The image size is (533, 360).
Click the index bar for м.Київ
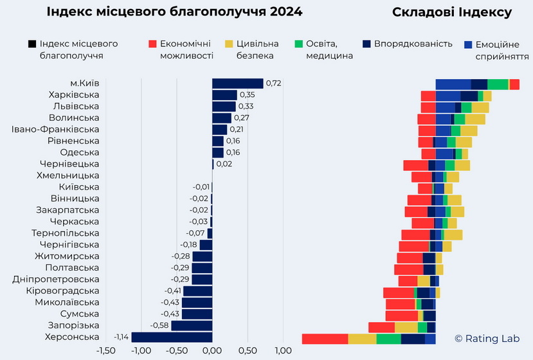[237, 83]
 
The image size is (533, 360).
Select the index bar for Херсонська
[172, 337]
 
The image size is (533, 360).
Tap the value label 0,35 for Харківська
[247, 94]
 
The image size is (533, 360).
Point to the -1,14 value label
[121, 337]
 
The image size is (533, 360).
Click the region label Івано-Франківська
[55, 129]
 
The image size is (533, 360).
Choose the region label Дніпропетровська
[56, 279]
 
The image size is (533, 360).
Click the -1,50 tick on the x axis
[105, 351]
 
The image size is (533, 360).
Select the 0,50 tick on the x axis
[248, 351]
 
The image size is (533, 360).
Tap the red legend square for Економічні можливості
[152, 44]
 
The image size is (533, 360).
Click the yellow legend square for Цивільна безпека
[228, 44]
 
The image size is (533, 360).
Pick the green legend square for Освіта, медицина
[299, 44]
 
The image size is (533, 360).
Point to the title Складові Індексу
[451, 12]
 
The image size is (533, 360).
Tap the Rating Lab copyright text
[487, 338]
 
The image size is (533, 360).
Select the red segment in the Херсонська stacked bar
[325, 339]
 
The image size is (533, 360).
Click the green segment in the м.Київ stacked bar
[498, 84]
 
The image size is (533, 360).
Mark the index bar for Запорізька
[192, 325]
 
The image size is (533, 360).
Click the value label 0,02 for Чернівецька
[224, 164]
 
